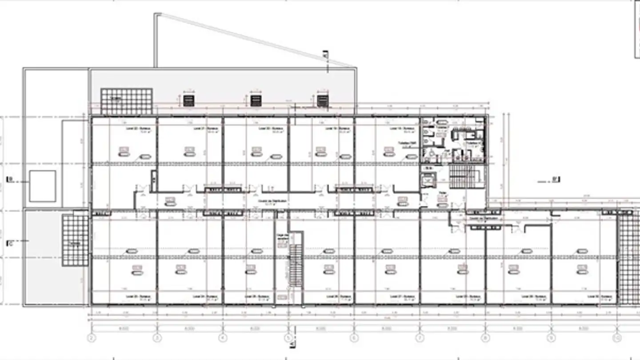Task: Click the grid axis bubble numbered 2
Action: (92, 338)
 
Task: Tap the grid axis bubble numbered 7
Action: (419, 338)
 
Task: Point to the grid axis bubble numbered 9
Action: (551, 338)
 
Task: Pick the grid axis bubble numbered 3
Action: (157, 338)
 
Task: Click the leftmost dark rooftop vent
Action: (189, 100)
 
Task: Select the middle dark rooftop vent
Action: (256, 100)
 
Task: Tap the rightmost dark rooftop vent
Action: (322, 100)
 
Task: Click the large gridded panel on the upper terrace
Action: (126, 101)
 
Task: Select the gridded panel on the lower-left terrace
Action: (75, 240)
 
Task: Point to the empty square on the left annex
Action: (43, 186)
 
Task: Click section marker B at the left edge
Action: (10, 180)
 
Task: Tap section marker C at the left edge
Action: (10, 244)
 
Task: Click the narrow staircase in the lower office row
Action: (296, 266)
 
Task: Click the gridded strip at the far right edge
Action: (628, 258)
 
